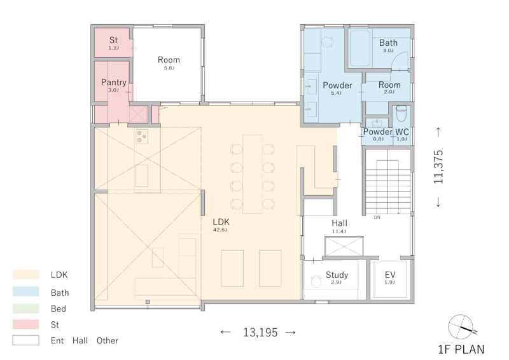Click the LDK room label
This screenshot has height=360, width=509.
point(221,222)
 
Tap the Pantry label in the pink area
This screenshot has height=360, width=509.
point(114,83)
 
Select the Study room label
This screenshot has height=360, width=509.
point(337,275)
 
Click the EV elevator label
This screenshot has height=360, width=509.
point(390,275)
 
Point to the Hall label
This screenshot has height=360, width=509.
point(340,223)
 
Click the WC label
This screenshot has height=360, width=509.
point(402,132)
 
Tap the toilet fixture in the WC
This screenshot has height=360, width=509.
point(401,113)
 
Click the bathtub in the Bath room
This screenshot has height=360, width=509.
point(360,48)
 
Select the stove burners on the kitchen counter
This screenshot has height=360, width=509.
point(142,136)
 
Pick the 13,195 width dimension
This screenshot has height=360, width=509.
point(260,333)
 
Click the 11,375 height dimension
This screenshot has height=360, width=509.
point(438,167)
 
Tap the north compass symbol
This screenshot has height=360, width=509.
point(461,326)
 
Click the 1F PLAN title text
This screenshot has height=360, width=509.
point(461,350)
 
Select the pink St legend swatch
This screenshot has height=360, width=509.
point(25,324)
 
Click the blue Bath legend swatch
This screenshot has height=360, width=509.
point(25,291)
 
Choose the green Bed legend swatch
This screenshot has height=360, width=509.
point(25,308)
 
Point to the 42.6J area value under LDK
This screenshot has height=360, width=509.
point(220,230)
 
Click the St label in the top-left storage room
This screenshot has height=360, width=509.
point(113,40)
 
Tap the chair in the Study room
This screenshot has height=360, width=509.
point(315,282)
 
